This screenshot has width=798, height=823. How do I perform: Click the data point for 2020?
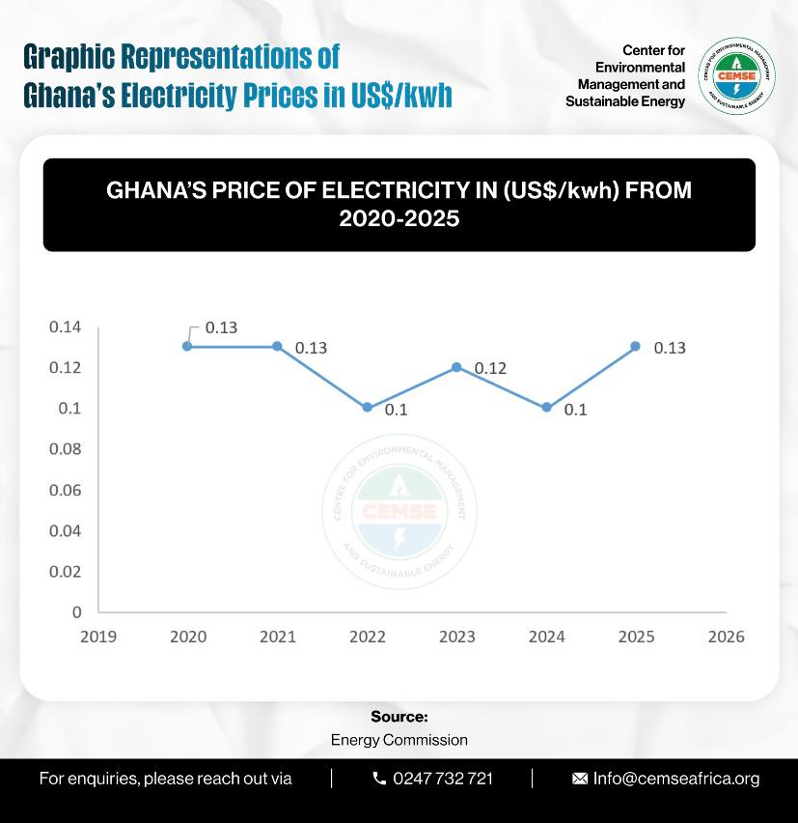pyautogui.click(x=187, y=346)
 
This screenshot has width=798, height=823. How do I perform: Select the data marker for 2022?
pyautogui.click(x=367, y=408)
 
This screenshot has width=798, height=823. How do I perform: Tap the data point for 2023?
pyautogui.click(x=456, y=367)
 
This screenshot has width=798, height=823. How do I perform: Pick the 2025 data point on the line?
pyautogui.click(x=636, y=346)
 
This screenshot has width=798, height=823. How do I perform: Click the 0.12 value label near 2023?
pyautogui.click(x=490, y=369)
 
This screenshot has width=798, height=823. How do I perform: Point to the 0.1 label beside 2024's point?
pyautogui.click(x=575, y=410)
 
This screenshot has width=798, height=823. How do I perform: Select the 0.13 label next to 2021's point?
pyautogui.click(x=311, y=348)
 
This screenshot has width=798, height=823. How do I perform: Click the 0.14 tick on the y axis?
pyautogui.click(x=66, y=327)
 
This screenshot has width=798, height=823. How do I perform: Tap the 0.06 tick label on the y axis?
pyautogui.click(x=66, y=490)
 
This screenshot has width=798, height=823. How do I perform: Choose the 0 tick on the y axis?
pyautogui.click(x=77, y=612)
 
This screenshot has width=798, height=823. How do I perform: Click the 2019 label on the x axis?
pyautogui.click(x=97, y=637)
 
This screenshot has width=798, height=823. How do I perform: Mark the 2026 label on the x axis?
pyautogui.click(x=726, y=637)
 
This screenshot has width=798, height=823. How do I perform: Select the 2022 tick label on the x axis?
pyautogui.click(x=367, y=637)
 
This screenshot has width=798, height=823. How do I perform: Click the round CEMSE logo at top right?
pyautogui.click(x=736, y=75)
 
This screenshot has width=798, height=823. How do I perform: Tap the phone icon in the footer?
pyautogui.click(x=379, y=779)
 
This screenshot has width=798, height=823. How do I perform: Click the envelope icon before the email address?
pyautogui.click(x=580, y=779)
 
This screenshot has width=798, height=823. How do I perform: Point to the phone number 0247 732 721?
pyautogui.click(x=443, y=779)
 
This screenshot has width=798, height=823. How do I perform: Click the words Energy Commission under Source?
pyautogui.click(x=399, y=740)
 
